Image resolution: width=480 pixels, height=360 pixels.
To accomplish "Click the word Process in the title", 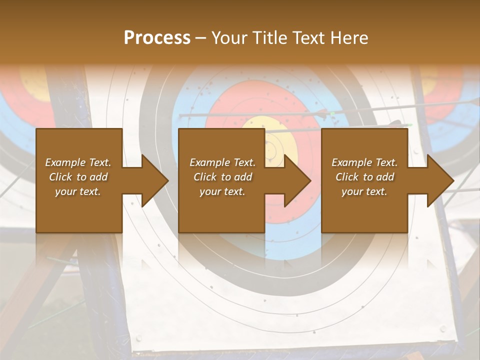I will [157, 37].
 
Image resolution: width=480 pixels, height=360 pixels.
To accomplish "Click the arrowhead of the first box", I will [155, 180].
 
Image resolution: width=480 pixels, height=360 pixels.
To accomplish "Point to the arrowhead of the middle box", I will [297, 180].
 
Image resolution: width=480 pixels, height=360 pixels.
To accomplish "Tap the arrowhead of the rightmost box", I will [440, 180].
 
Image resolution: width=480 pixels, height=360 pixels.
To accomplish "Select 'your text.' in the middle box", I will [222, 191].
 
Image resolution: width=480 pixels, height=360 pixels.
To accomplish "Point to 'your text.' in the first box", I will [78, 191].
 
